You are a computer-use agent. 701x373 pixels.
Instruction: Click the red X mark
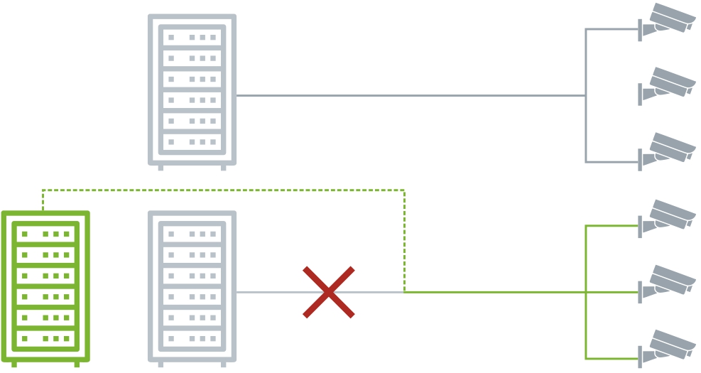pyautogui.click(x=328, y=292)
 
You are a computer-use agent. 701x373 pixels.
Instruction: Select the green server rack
pyautogui.click(x=45, y=287)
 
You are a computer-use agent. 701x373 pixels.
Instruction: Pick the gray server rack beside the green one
pyautogui.click(x=192, y=287)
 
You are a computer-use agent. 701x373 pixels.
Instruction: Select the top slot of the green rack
pyautogui.click(x=45, y=233)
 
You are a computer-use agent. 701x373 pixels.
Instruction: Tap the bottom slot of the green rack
pyautogui.click(x=45, y=338)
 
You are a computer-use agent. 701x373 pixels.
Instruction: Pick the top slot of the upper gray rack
pyautogui.click(x=192, y=37)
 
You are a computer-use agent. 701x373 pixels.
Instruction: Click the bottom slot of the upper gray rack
pyautogui.click(x=192, y=142)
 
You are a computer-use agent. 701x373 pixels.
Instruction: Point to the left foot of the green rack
pyautogui.click(x=14, y=364)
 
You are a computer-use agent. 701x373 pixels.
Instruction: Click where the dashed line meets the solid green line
pyautogui.click(x=404, y=292)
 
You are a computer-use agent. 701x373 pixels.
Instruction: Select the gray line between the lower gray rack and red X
pyautogui.click(x=268, y=292)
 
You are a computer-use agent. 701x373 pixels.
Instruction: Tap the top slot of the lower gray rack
pyautogui.click(x=192, y=233)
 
